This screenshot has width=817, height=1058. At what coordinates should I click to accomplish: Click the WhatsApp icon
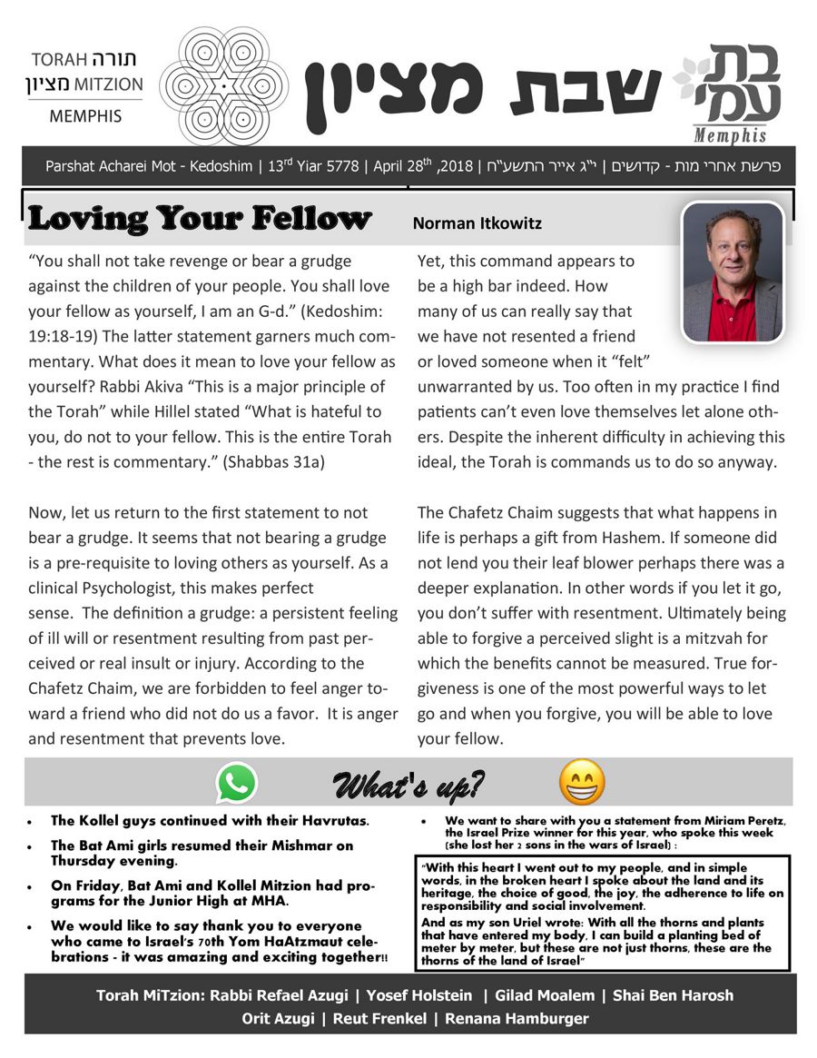[x=236, y=783]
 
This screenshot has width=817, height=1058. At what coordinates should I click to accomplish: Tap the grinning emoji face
[x=582, y=782]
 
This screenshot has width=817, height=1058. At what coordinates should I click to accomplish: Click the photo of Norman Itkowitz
[x=733, y=272]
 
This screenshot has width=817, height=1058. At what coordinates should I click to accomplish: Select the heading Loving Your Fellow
[x=201, y=219]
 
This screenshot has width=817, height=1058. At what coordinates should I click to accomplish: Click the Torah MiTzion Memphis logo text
[x=87, y=87]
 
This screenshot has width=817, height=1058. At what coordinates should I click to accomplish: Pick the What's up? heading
[x=408, y=783]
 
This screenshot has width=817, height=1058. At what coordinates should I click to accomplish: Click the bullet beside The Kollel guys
[x=31, y=821]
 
